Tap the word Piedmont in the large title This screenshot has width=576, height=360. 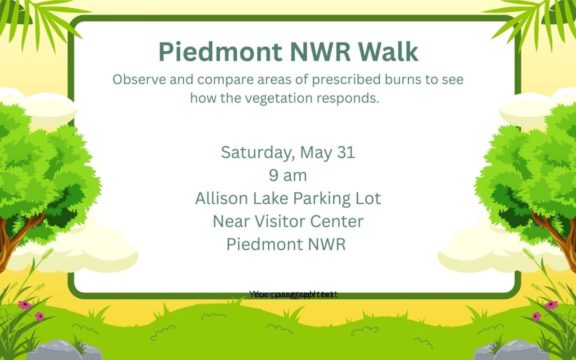pyautogui.click(x=220, y=52)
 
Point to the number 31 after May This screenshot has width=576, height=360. pyautogui.click(x=346, y=153)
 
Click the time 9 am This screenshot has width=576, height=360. pyautogui.click(x=288, y=175)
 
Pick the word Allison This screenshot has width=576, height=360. pyautogui.click(x=221, y=198)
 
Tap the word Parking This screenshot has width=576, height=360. pyautogui.click(x=318, y=199)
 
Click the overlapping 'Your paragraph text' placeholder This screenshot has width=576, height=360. pyautogui.click(x=293, y=294)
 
